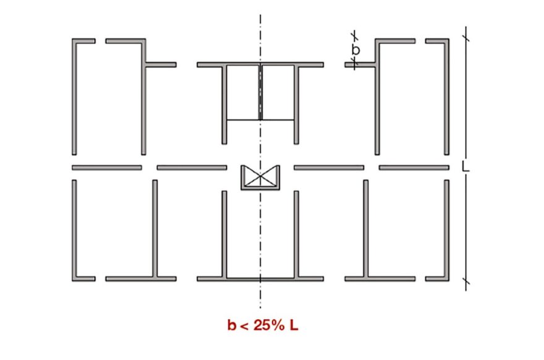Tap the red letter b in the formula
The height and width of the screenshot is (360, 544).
(x=232, y=325)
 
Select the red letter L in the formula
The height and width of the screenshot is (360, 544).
(x=294, y=325)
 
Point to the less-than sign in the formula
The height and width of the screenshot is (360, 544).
(x=244, y=326)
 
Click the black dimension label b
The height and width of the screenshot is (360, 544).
(x=356, y=50)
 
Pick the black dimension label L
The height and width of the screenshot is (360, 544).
(x=466, y=166)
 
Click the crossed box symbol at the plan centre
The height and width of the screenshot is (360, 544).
(x=260, y=178)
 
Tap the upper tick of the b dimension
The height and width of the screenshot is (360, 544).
(x=354, y=36)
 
